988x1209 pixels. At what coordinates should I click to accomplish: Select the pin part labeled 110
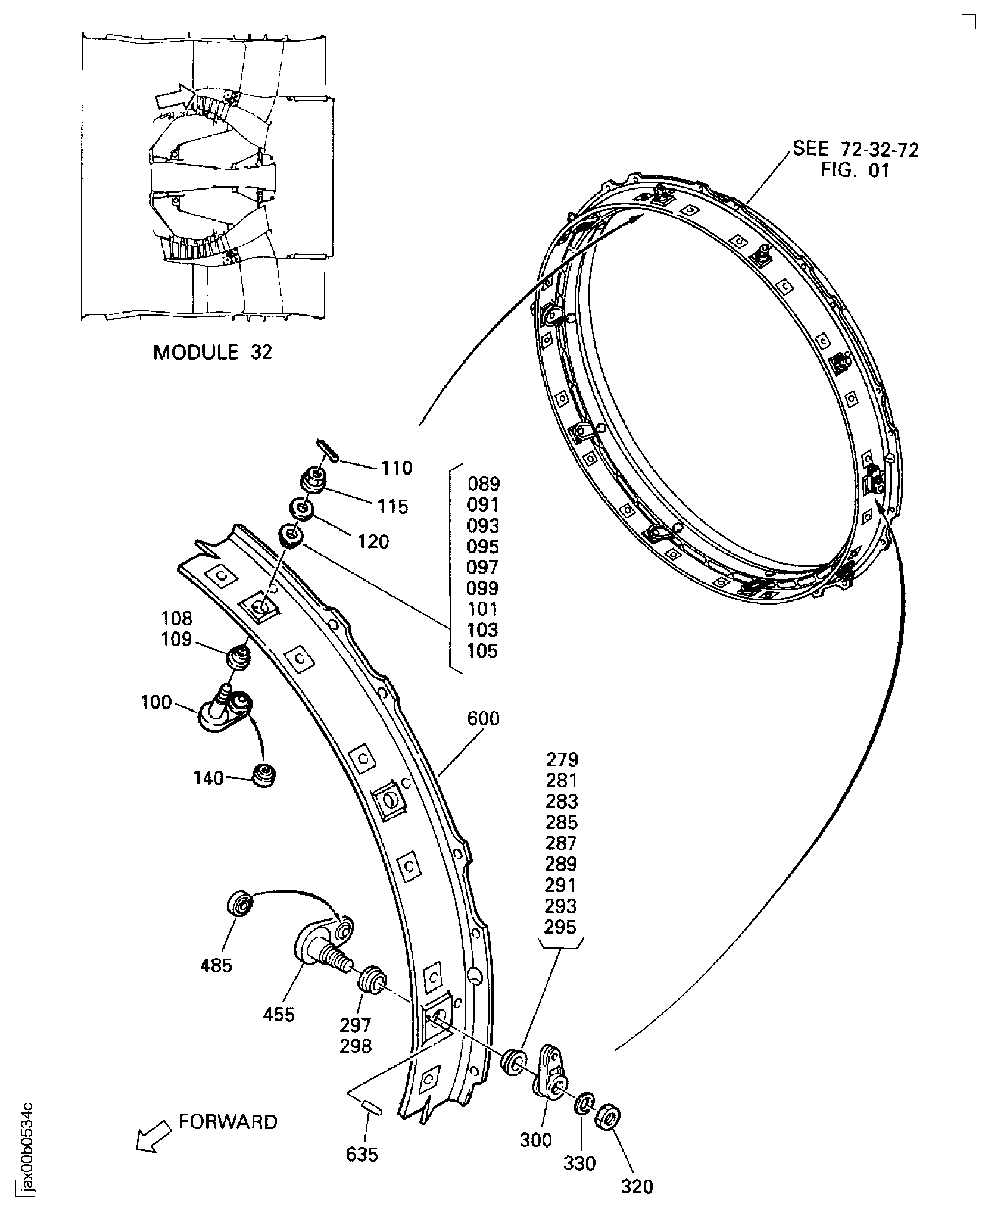(x=328, y=450)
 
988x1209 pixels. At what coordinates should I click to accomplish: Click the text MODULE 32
(x=212, y=352)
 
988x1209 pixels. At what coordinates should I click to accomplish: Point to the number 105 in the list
(x=482, y=651)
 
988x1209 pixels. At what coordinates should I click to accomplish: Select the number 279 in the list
(x=562, y=759)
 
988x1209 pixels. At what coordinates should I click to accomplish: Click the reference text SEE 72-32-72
(x=855, y=149)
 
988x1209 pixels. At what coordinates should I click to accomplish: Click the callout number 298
(x=356, y=1046)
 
